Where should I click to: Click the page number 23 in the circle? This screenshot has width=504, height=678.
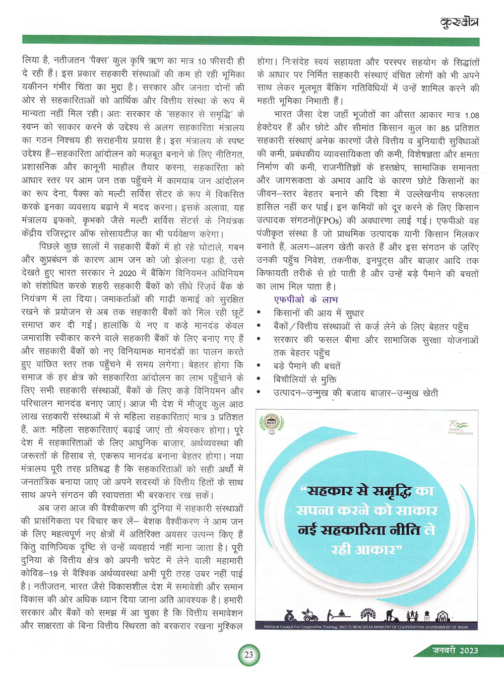248,655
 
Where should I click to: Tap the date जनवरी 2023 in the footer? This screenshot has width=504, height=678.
455,650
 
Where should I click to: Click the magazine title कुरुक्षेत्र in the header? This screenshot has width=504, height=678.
459,22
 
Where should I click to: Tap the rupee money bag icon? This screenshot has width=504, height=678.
291,615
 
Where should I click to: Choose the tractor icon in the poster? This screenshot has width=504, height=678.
310,615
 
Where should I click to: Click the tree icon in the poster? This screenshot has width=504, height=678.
368,615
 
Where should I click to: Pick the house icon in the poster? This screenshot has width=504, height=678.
443,616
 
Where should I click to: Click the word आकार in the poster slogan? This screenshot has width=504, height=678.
374,549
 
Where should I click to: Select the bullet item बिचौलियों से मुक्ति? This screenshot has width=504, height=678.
304,380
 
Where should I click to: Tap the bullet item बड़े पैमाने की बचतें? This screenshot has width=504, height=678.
307,366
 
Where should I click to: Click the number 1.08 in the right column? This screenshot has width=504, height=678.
472,115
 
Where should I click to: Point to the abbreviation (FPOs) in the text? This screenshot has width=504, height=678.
329,220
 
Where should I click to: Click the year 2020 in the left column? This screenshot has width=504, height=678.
128,273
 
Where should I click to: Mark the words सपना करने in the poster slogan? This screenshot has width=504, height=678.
336,510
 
